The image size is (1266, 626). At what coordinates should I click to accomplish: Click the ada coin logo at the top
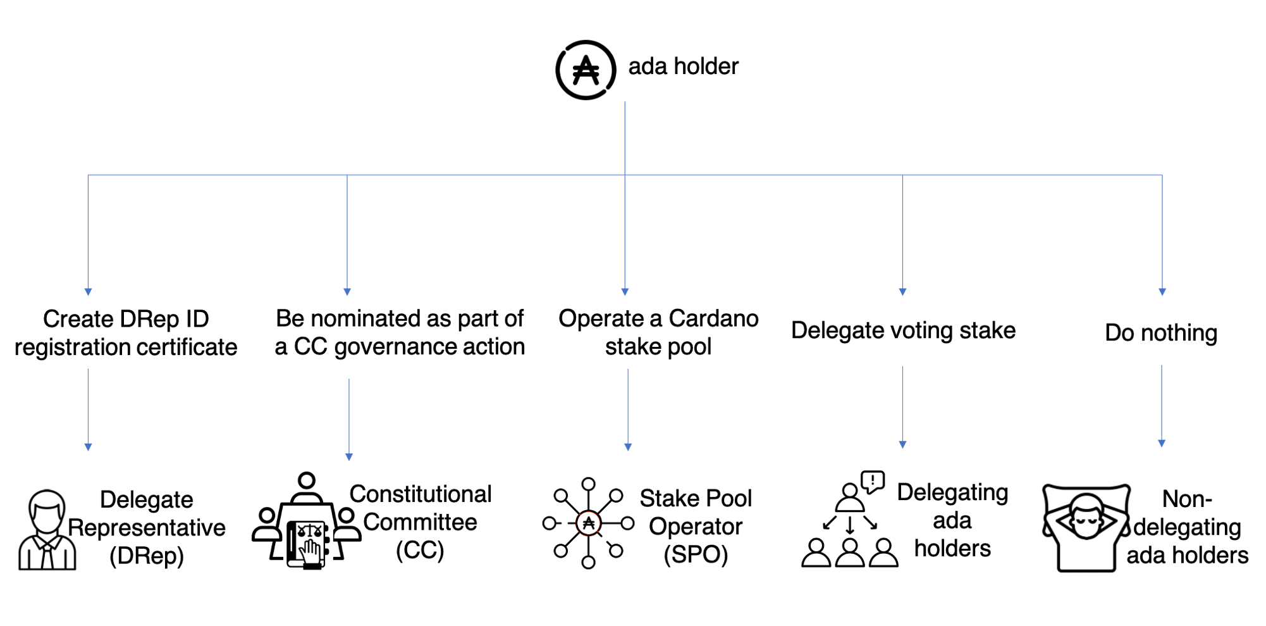pos(586,70)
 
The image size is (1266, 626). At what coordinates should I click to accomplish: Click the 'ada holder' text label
pos(683,66)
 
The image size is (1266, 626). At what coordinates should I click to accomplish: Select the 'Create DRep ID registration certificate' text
pos(126,333)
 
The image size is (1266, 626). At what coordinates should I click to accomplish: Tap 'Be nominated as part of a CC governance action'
pos(400,332)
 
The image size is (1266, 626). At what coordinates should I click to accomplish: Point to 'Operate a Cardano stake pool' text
pos(658,332)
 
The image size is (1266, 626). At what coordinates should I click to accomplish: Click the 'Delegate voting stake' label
pos(903,330)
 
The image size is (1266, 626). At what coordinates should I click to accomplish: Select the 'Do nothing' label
pos(1161,333)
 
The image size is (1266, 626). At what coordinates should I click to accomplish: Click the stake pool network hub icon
pos(588,523)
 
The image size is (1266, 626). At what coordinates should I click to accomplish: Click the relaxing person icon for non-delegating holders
pos(1085,527)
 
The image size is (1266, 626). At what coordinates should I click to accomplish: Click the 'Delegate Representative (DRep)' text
pos(147,528)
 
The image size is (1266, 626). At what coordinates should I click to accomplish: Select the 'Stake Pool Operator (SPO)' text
pos(696,527)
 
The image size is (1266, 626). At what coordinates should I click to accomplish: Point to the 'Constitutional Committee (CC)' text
pos(420,522)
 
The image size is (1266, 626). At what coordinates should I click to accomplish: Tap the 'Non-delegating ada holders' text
pos(1187,527)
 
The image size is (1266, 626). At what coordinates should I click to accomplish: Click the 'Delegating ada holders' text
pos(952,520)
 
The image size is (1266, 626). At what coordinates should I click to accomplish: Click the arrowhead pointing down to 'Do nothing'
pos(1162,292)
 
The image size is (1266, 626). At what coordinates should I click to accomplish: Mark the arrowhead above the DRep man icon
pos(88,447)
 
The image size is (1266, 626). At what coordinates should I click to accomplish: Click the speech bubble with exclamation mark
pos(873,481)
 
